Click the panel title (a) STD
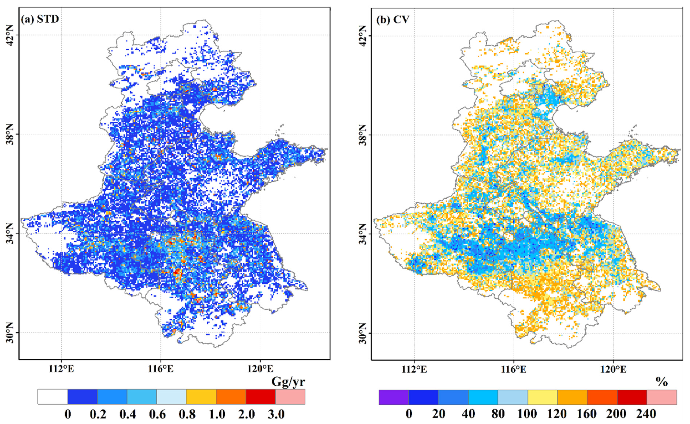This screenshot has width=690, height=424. pyautogui.click(x=40, y=19)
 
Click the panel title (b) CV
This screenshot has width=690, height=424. pyautogui.click(x=393, y=20)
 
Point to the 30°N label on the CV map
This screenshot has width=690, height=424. pyautogui.click(x=363, y=333)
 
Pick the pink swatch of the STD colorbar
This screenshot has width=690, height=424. pyautogui.click(x=290, y=396)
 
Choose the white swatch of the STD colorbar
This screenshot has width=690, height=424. pyautogui.click(x=52, y=396)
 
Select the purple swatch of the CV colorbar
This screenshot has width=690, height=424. pyautogui.click(x=394, y=397)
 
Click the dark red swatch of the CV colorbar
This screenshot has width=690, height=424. pyautogui.click(x=632, y=397)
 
